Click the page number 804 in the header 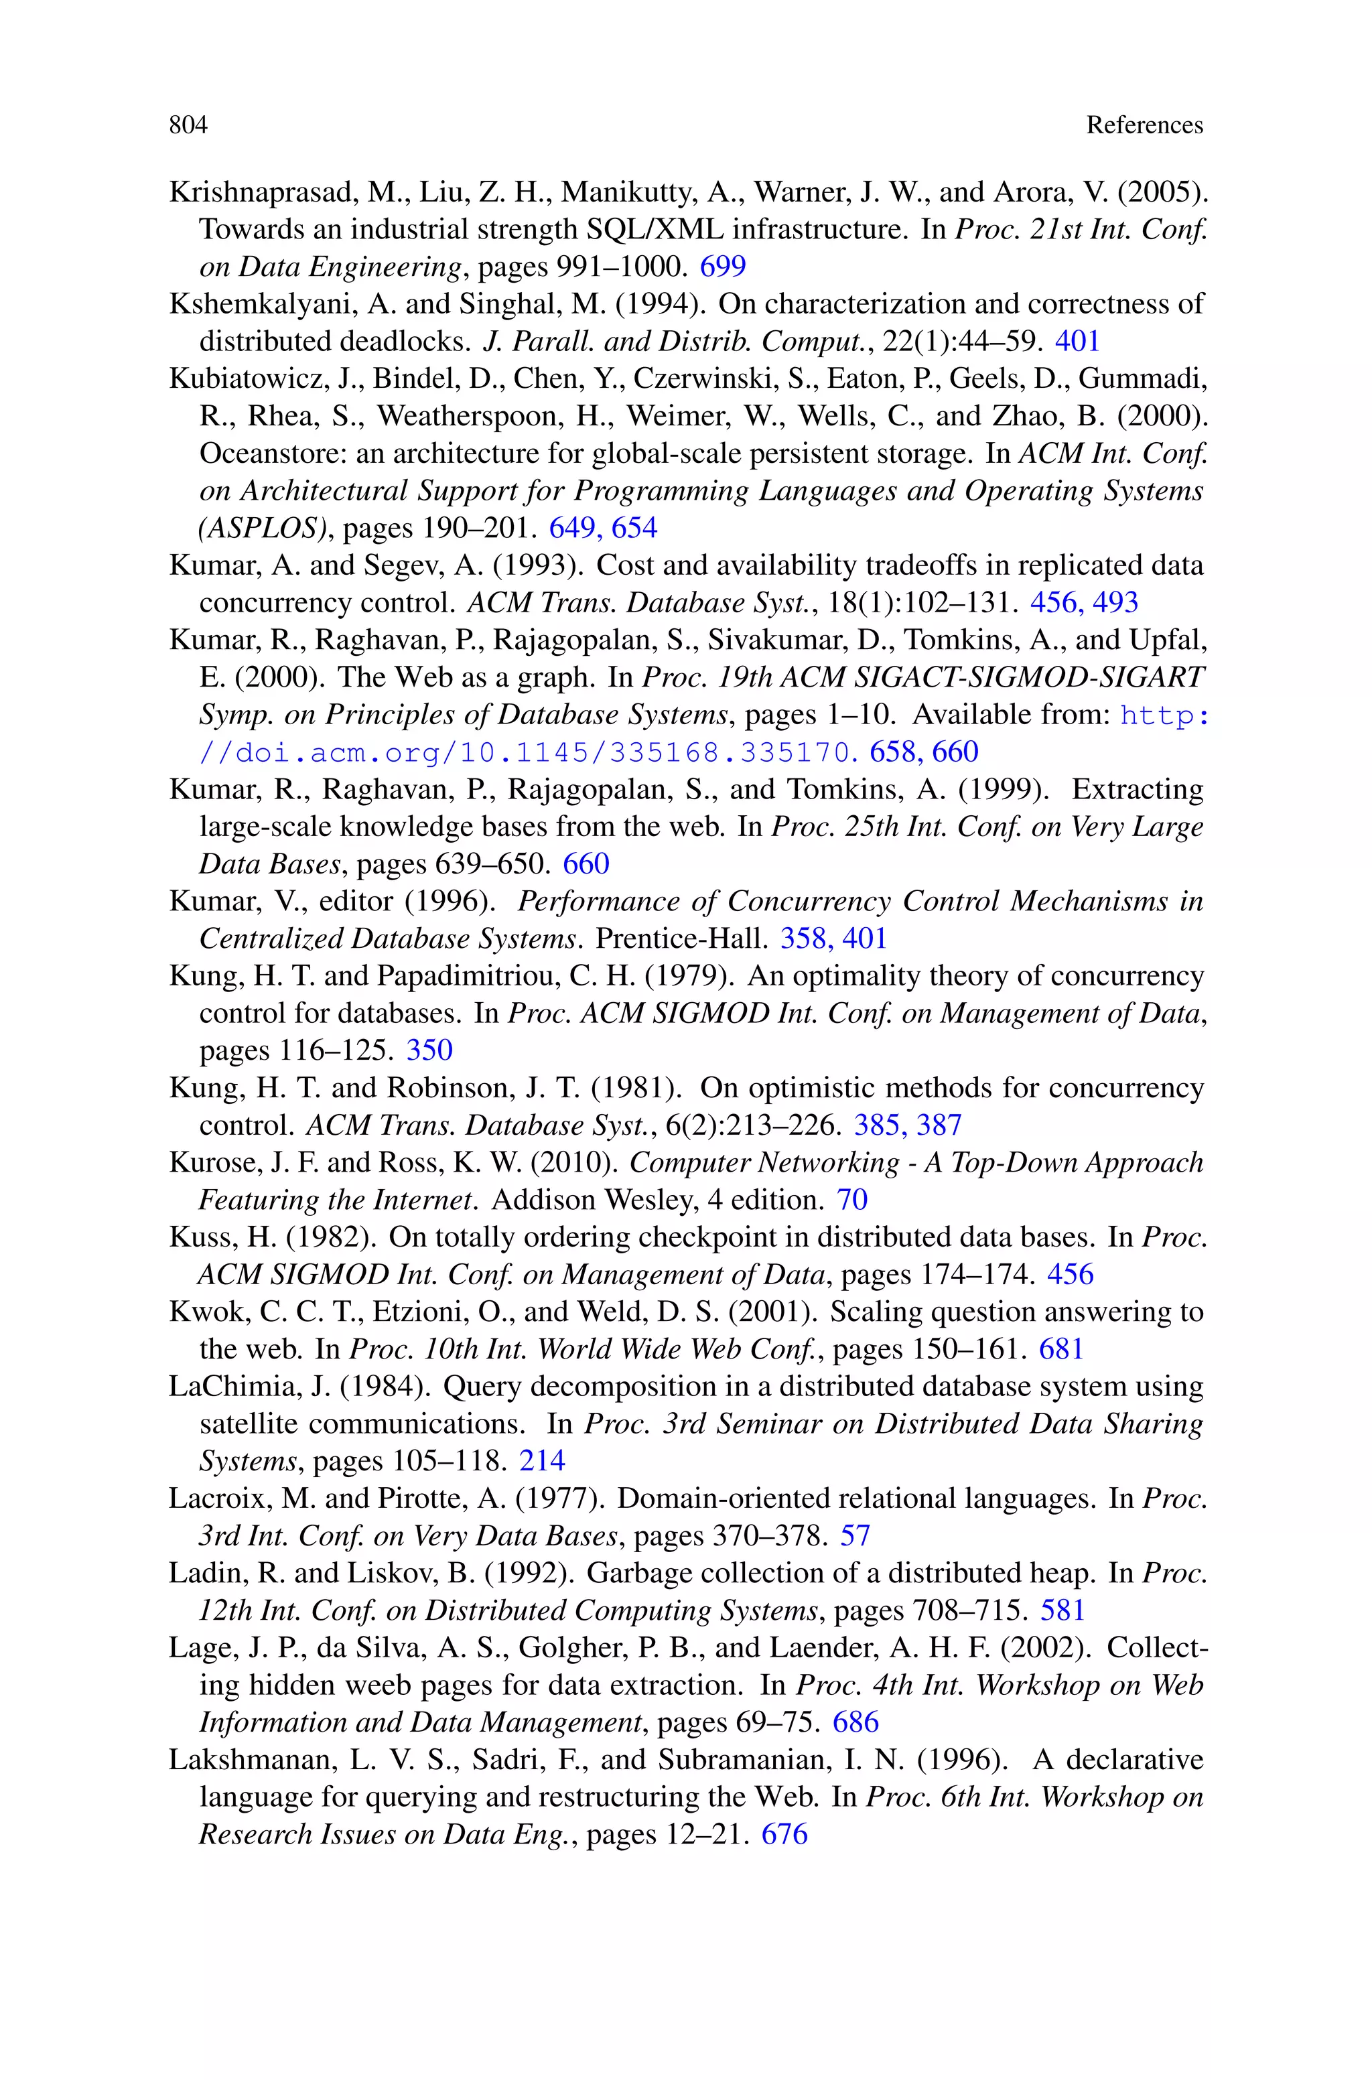tap(188, 125)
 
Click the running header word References tap(1144, 125)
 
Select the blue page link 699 tap(722, 266)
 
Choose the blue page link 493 tap(1115, 603)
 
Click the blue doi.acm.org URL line tap(525, 752)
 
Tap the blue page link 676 tap(784, 1833)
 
